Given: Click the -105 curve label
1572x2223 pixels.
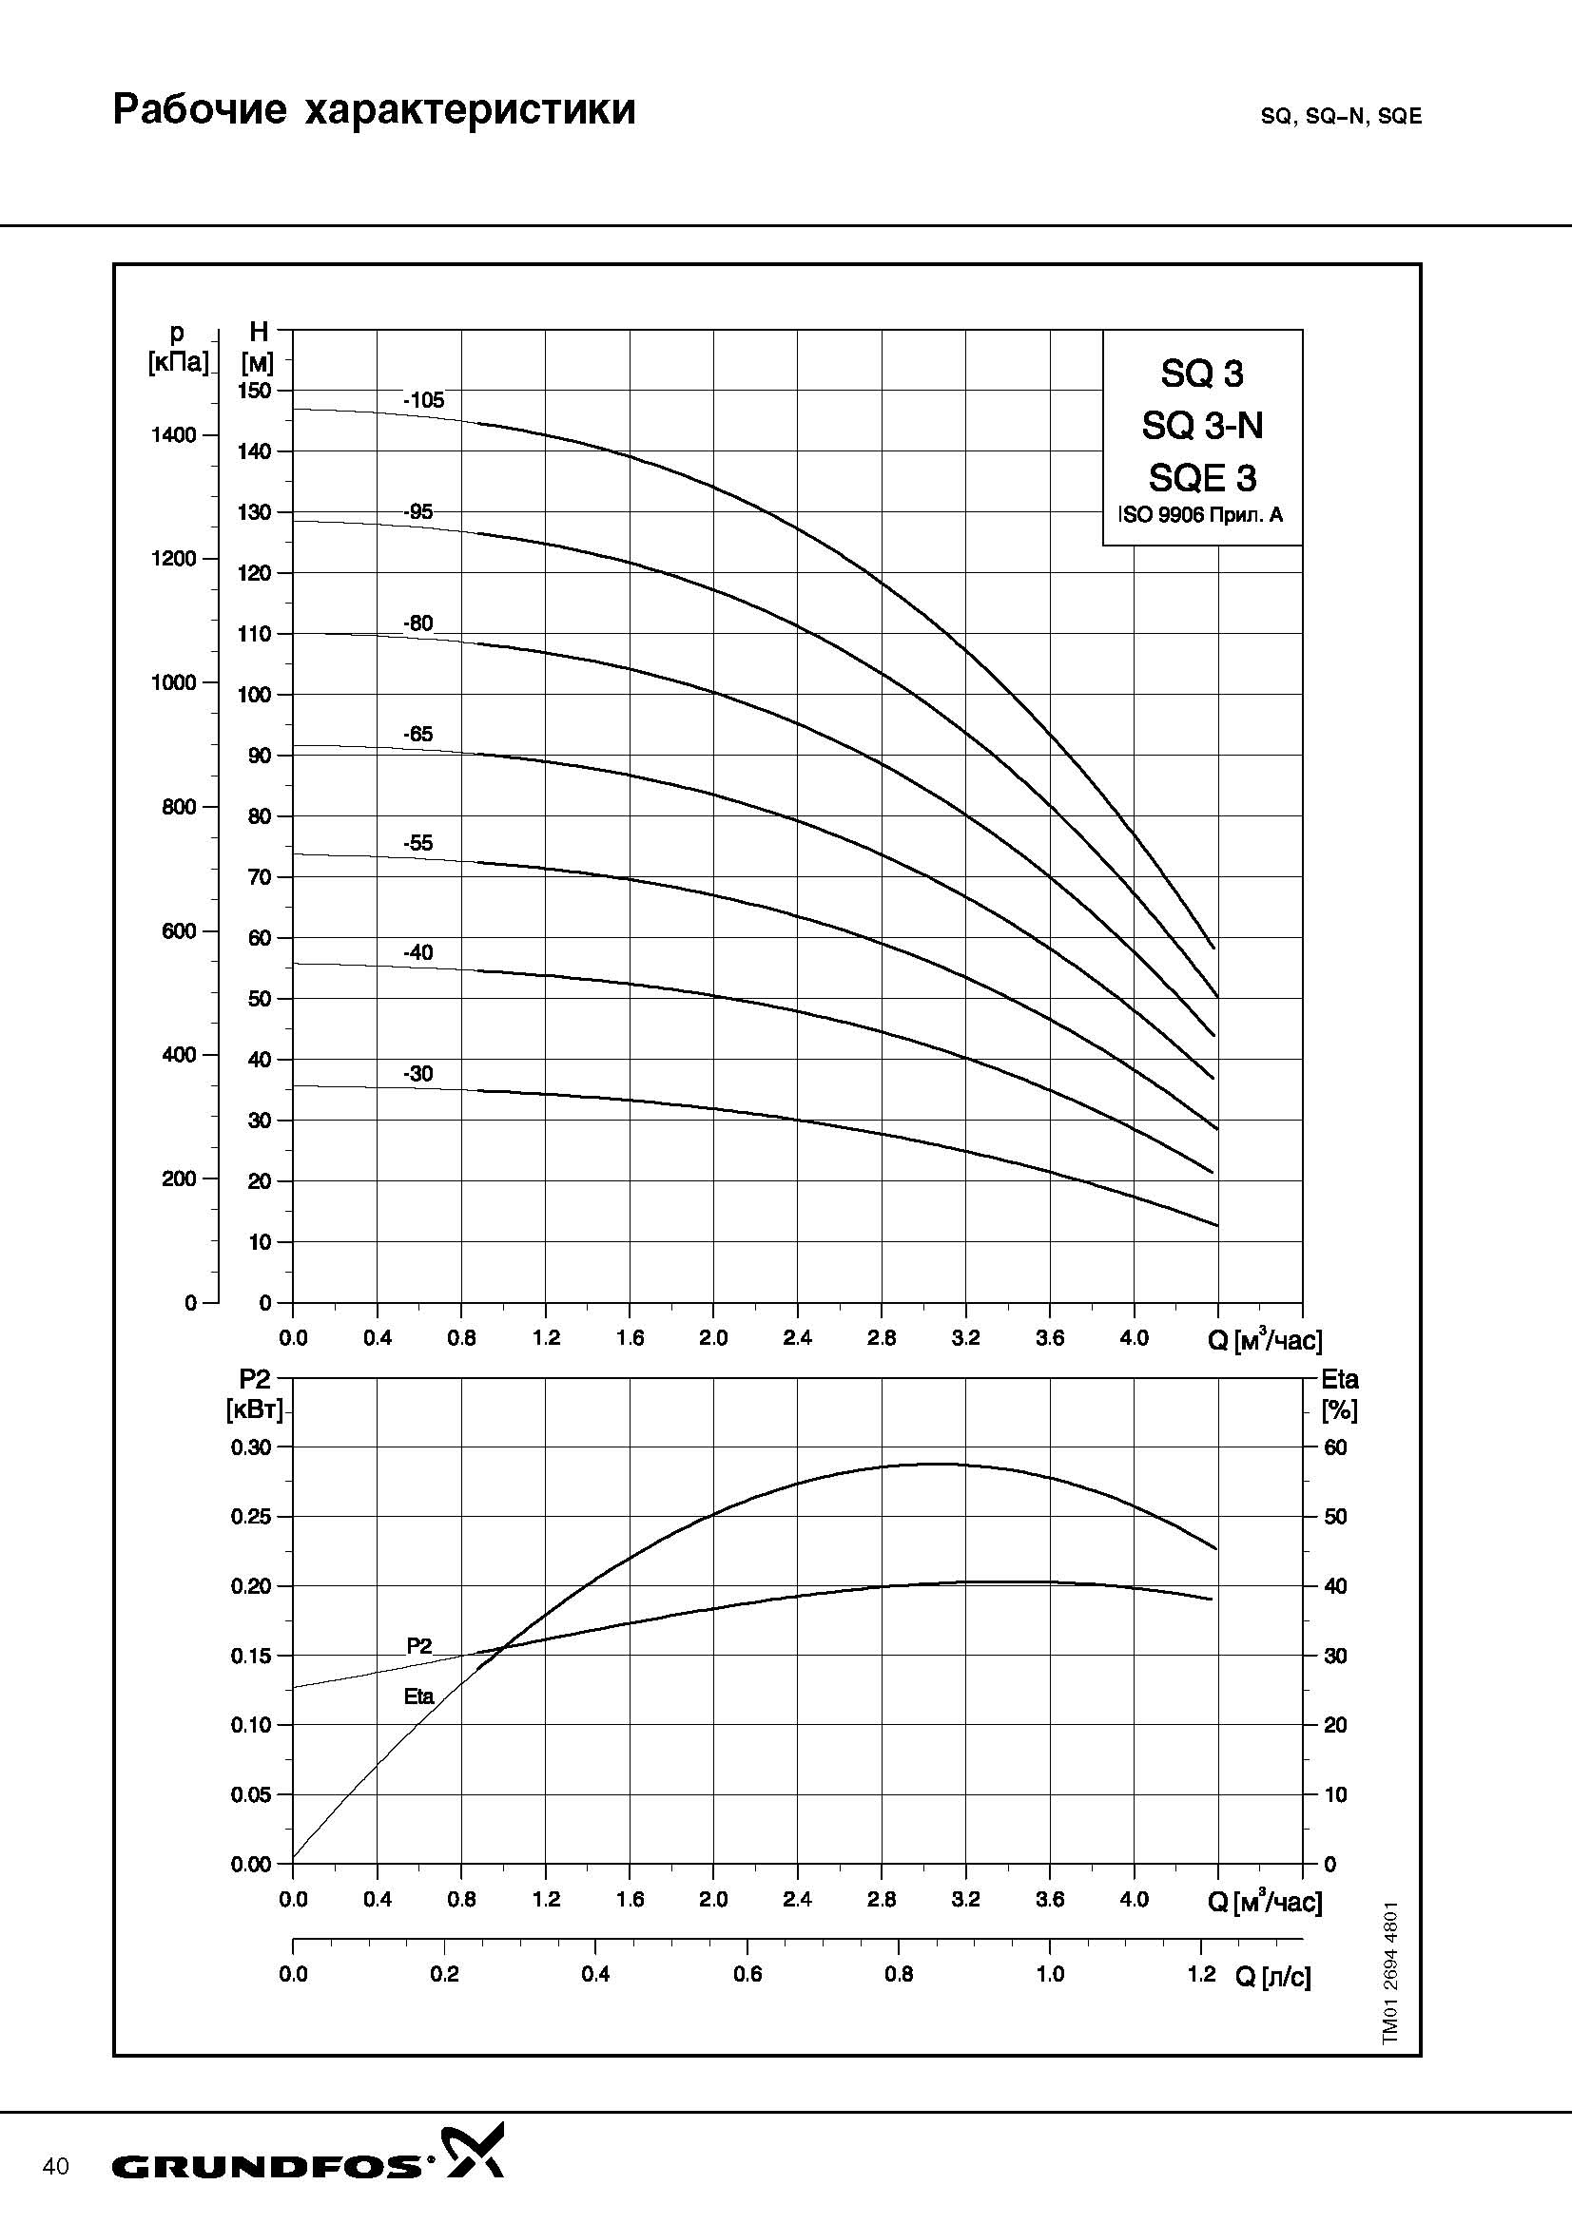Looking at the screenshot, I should coord(423,400).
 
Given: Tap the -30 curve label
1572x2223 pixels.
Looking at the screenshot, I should coord(418,1074).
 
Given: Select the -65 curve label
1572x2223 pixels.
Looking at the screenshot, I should coord(418,735).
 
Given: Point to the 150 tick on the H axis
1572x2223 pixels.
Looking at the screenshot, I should coord(255,391).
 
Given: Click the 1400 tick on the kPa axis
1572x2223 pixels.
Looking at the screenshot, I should coord(173,434).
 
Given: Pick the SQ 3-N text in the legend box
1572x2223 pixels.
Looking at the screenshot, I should coord(1202,426).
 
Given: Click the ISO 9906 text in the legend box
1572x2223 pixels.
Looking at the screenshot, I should coord(1201,515).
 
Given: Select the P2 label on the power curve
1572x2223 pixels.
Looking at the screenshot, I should coord(418,1645).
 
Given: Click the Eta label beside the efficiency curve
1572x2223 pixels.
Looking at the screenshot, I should coord(418,1696).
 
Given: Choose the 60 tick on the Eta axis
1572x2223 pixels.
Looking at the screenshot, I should coord(1335,1447).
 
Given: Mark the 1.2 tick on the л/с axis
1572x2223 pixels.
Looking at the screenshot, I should coord(1201,1974).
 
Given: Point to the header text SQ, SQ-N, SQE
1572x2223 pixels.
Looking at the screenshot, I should coord(1341,116).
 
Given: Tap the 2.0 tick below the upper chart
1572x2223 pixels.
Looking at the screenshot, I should coord(713,1338).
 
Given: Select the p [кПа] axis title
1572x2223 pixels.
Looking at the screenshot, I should coord(177,349).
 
